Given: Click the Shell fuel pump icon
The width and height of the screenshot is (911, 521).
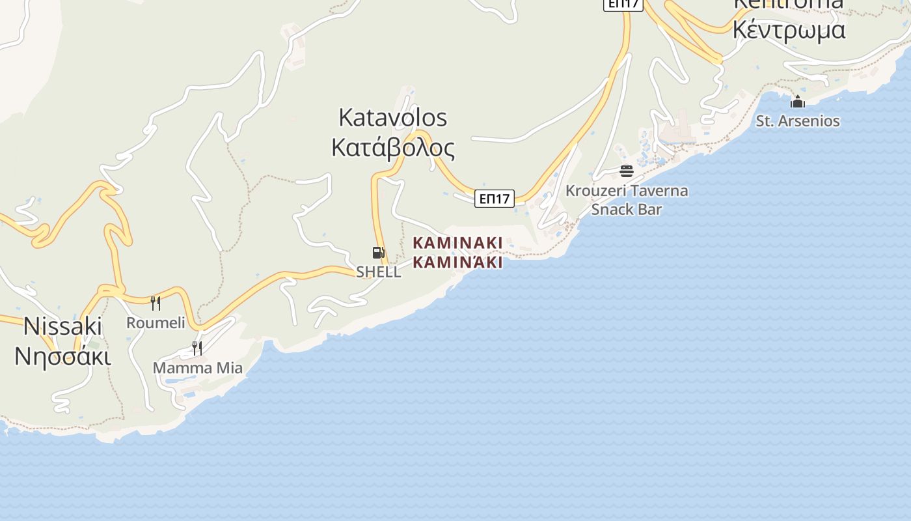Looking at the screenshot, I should tap(378, 253).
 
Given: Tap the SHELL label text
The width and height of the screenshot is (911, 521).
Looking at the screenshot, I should tap(378, 272).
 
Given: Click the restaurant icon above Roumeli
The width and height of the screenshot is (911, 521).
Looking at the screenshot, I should tap(156, 303).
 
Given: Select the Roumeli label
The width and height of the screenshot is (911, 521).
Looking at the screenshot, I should tap(156, 322).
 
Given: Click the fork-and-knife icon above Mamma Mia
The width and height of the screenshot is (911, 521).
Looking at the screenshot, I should tap(197, 348).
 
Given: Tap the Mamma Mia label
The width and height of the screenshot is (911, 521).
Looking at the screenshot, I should tap(197, 368).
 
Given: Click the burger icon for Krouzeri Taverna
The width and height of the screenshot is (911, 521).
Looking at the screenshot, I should tap(626, 171).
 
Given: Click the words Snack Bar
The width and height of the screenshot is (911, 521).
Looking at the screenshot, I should tap(626, 209).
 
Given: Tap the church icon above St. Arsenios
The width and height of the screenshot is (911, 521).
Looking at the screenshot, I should tap(797, 102).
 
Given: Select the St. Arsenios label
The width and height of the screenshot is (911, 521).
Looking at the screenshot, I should tap(797, 121).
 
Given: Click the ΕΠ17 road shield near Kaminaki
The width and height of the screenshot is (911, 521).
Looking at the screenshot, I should tap(494, 199).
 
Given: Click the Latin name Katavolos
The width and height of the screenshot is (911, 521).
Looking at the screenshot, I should tap(393, 118).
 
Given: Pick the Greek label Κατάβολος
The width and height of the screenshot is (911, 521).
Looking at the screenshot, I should tap(393, 148).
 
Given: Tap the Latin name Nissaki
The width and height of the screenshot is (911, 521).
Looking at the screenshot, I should tap(62, 326).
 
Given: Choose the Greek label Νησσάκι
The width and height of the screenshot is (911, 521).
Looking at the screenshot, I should tap(62, 356).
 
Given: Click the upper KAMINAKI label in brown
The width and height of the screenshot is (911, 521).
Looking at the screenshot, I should tap(457, 243).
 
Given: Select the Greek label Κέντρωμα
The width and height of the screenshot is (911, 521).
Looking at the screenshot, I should tap(789, 30).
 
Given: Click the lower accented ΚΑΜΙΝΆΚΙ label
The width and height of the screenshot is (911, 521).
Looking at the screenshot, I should tap(457, 262).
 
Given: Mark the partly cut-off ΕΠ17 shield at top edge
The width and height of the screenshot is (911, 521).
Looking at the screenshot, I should tap(623, 4).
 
